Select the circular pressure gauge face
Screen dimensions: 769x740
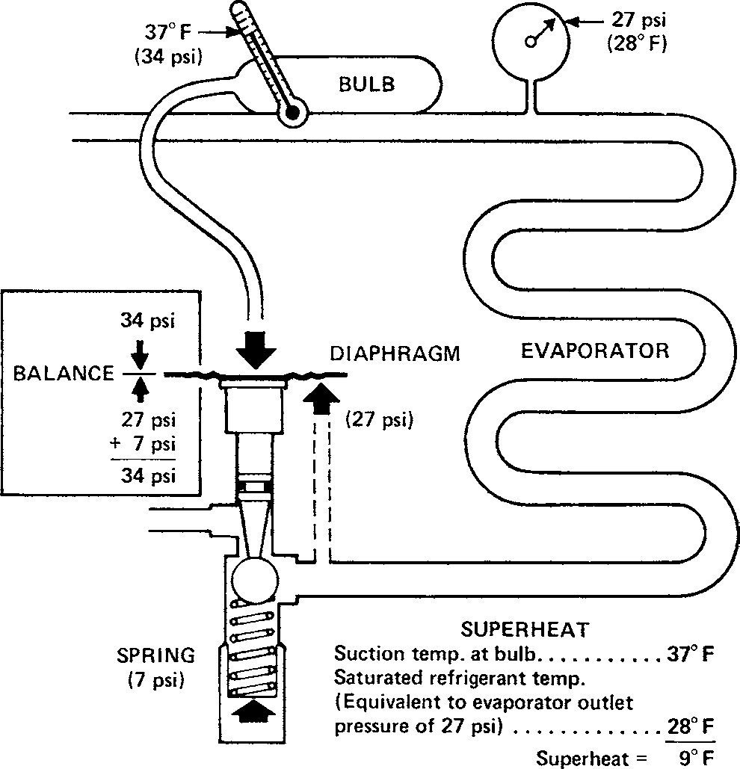pyautogui.click(x=531, y=41)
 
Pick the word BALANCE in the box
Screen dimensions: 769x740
pyautogui.click(x=63, y=373)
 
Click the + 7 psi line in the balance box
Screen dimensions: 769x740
pyautogui.click(x=142, y=446)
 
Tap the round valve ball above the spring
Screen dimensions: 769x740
pyautogui.click(x=254, y=578)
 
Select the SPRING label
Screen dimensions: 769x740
pyautogui.click(x=155, y=656)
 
